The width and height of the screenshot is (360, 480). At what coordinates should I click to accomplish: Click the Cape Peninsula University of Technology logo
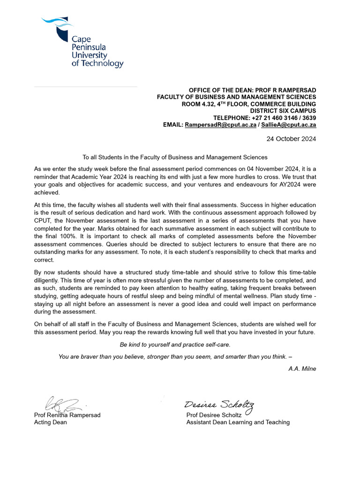pyautogui.click(x=82, y=43)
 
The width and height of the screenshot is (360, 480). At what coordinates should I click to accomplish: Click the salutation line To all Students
pyautogui.click(x=175, y=157)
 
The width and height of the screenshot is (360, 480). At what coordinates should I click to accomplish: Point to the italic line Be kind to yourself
pyautogui.click(x=175, y=345)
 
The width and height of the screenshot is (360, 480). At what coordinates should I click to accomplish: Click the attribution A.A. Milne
pyautogui.click(x=302, y=368)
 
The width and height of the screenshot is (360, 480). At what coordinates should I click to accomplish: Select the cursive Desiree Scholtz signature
pyautogui.click(x=219, y=405)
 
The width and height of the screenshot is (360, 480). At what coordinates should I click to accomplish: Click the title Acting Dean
pyautogui.click(x=51, y=422)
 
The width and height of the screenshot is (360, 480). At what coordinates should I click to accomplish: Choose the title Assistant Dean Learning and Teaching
pyautogui.click(x=238, y=422)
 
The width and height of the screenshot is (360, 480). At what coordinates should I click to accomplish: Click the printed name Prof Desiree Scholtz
pyautogui.click(x=214, y=415)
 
